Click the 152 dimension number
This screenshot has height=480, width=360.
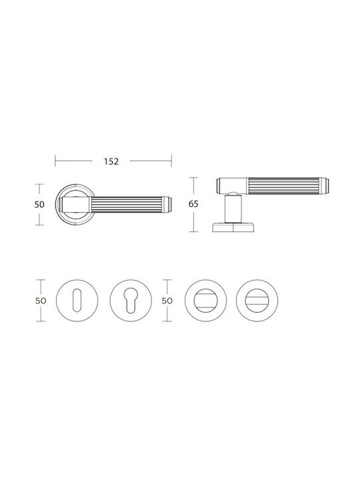point(111,161)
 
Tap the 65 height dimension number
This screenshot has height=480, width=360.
point(193,204)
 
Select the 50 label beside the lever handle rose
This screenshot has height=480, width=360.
point(39,204)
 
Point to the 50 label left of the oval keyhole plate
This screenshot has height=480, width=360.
point(41,301)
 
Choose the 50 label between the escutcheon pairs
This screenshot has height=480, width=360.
point(167,301)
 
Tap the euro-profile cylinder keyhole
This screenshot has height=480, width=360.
point(131,301)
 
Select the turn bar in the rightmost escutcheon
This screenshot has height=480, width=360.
point(257,301)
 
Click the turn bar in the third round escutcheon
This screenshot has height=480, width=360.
point(206,301)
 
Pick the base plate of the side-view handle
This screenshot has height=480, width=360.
point(233,227)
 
